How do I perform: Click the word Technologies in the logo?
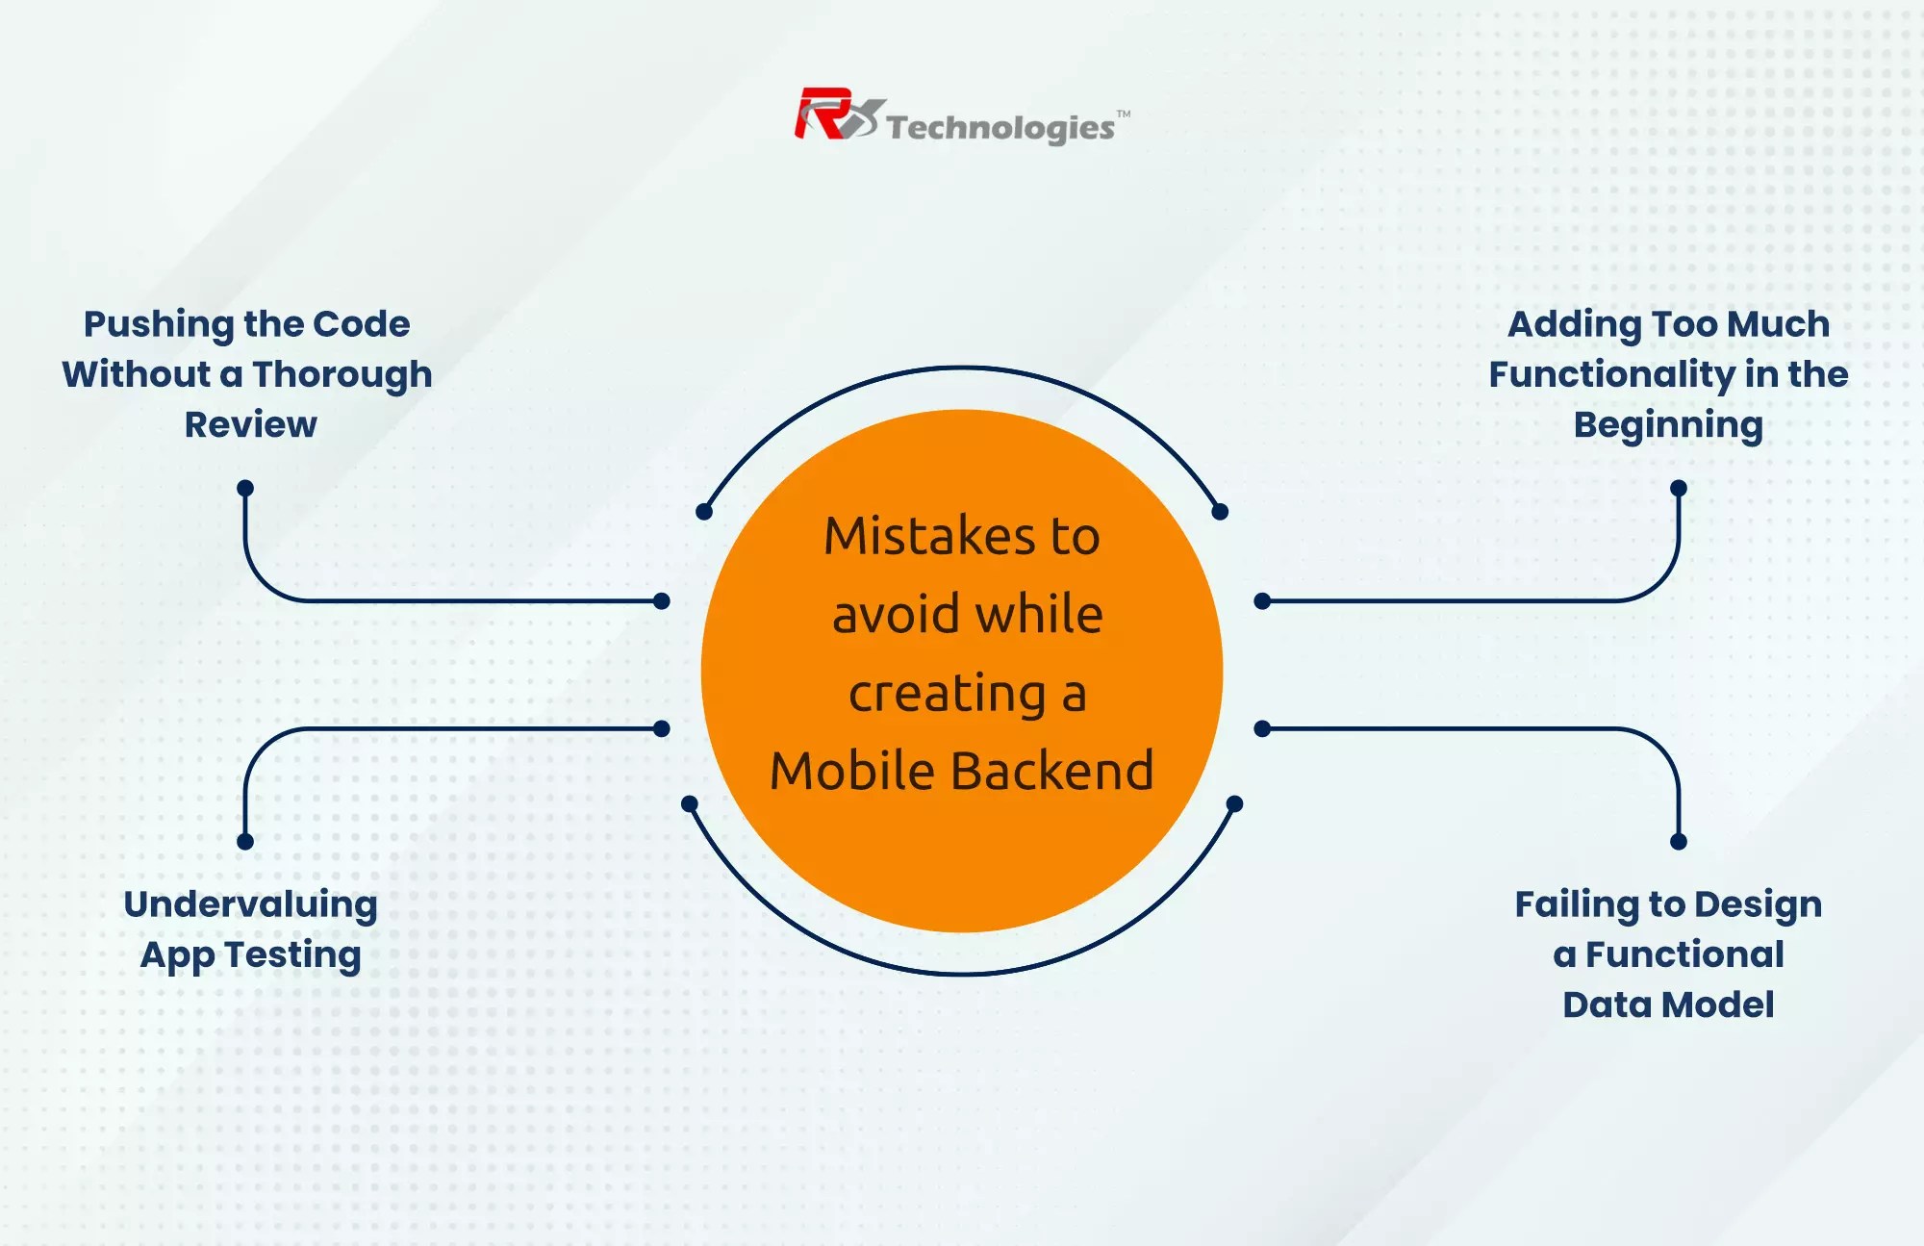click(1000, 128)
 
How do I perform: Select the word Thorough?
click(342, 374)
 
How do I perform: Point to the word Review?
click(250, 424)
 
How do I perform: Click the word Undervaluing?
click(250, 904)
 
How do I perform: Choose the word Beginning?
click(1668, 424)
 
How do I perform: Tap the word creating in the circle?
click(947, 693)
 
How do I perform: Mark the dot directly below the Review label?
click(245, 488)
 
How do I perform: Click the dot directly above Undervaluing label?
click(245, 842)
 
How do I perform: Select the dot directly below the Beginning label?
click(1679, 488)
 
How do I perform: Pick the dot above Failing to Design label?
click(1679, 842)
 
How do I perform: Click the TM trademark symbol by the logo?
click(1124, 114)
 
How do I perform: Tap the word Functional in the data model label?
click(1684, 954)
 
